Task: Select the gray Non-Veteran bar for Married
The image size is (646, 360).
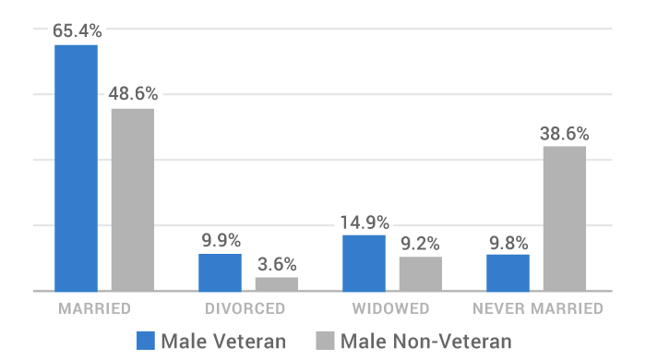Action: (133, 199)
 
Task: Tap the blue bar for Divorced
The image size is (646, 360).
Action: (220, 272)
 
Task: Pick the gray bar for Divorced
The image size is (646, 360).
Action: (277, 284)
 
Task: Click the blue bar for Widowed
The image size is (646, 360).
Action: (364, 263)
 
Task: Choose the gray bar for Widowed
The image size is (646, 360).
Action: (421, 273)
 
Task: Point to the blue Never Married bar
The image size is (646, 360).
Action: (508, 272)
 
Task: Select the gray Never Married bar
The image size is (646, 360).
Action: (565, 219)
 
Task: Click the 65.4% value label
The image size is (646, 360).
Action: (77, 30)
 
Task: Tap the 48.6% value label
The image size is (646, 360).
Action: (133, 94)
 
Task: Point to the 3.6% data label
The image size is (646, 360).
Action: (277, 263)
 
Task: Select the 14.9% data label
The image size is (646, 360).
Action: (365, 222)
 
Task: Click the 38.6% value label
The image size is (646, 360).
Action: (565, 133)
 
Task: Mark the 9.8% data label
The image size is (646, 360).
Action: (508, 244)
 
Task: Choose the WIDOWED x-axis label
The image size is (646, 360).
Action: (391, 307)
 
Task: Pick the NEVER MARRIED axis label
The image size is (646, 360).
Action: (537, 307)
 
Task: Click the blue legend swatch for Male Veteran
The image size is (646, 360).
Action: (146, 340)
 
